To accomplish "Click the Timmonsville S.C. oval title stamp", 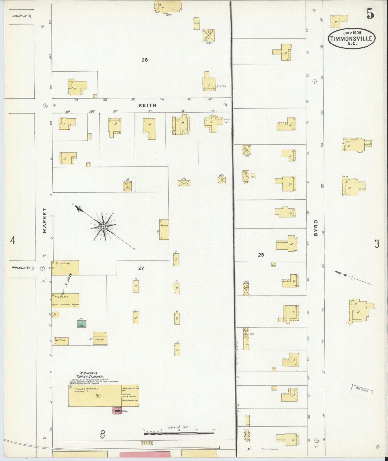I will [x=351, y=38].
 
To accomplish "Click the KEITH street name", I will [x=147, y=106].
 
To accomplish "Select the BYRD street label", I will [x=316, y=228].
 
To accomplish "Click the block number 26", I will [x=145, y=60].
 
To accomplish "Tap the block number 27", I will [x=141, y=268].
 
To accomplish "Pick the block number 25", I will [x=261, y=255].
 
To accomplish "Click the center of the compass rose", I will [x=103, y=227].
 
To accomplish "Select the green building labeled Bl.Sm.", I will [x=82, y=324].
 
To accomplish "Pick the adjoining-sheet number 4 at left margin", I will [x=12, y=240].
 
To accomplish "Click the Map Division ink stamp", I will [x=361, y=389].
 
